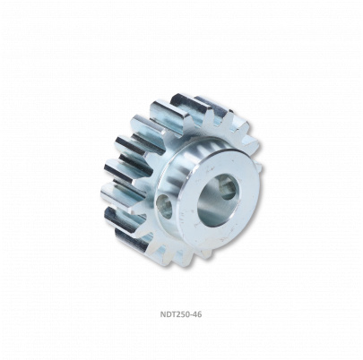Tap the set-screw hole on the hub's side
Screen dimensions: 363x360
(166, 206)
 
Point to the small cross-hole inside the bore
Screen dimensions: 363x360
(228, 190)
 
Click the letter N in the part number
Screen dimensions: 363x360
(163, 314)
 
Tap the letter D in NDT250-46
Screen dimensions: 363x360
(169, 314)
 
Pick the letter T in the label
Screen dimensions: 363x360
(173, 314)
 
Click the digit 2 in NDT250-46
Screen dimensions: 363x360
(177, 314)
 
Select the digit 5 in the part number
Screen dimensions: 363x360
(182, 314)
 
